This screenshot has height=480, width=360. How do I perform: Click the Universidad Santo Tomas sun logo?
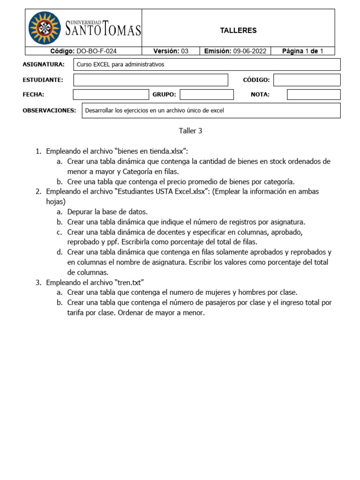click(x=45, y=28)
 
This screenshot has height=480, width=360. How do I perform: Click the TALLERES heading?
click(x=238, y=30)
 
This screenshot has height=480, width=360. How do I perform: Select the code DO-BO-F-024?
click(x=97, y=51)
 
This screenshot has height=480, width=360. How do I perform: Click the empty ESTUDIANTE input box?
click(x=150, y=80)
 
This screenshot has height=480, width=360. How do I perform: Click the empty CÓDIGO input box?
click(x=307, y=80)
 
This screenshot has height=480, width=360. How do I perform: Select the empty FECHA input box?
click(x=111, y=95)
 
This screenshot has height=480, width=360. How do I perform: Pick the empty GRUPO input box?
click(x=206, y=95)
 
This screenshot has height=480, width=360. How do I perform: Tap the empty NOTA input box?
click(x=313, y=95)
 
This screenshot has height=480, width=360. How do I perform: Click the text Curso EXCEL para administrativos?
click(x=120, y=65)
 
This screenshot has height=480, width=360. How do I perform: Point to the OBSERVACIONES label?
click(x=49, y=111)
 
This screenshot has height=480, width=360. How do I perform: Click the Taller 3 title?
click(x=190, y=131)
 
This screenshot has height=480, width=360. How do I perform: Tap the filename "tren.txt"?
click(x=129, y=282)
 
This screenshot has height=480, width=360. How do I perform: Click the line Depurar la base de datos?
click(x=107, y=211)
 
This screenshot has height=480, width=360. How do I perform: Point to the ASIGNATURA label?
click(x=43, y=65)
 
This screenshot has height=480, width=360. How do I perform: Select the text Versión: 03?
click(x=171, y=51)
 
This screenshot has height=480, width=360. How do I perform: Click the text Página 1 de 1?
click(x=302, y=51)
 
